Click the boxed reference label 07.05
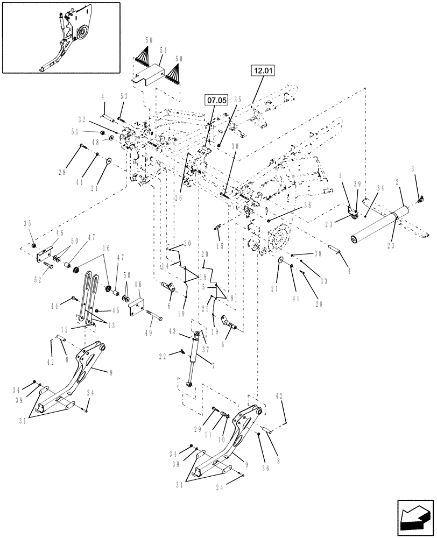click(215, 100)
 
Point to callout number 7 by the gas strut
click(213, 366)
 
